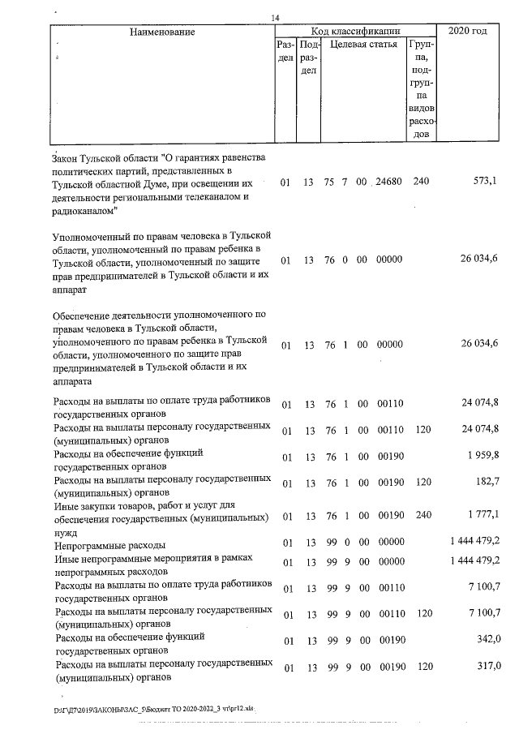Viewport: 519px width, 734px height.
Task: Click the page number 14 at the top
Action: (276, 18)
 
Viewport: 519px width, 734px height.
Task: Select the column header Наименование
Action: (162, 32)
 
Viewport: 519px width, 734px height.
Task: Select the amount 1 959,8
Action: (483, 457)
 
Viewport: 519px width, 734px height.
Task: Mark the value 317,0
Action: (487, 667)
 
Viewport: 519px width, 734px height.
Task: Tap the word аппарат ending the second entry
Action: (67, 289)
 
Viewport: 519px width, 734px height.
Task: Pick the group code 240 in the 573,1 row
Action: (421, 182)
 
